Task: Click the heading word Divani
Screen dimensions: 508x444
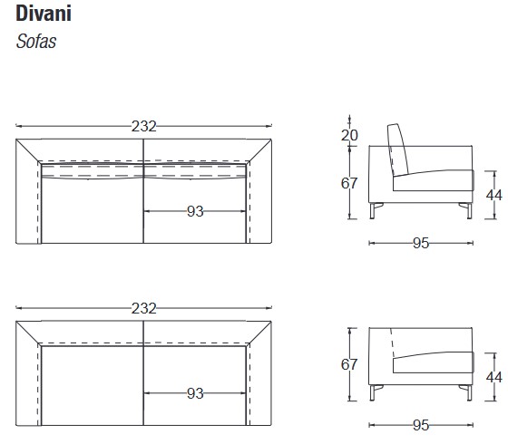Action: point(44,14)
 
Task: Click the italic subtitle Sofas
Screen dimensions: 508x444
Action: point(36,42)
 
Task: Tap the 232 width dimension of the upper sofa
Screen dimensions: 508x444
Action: point(144,126)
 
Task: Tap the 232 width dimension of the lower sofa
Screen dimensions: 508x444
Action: point(144,308)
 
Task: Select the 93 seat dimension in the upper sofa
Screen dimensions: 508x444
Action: point(195,211)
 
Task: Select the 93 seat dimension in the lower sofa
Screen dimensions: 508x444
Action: point(195,393)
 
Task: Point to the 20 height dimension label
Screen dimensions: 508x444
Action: point(349,135)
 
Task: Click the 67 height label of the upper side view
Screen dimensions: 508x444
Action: point(349,183)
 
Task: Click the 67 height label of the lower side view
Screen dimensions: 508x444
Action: point(349,364)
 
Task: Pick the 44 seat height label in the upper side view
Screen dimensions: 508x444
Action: point(494,195)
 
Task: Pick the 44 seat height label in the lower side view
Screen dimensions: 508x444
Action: point(494,377)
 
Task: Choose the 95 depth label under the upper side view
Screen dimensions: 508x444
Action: point(421,243)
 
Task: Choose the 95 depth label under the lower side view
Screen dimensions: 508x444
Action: point(421,425)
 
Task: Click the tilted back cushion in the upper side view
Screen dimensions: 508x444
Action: point(398,150)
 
